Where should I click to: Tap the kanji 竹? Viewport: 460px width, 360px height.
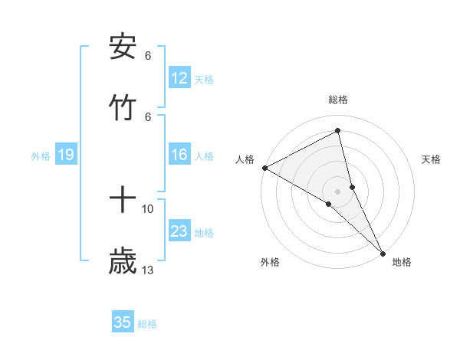pos(123,109)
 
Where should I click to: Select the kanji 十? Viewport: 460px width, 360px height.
pos(123,201)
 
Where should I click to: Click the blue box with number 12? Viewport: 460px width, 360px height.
pos(179,78)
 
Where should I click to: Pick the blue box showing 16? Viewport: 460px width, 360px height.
pos(179,155)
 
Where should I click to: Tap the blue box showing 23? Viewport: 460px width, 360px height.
pos(179,232)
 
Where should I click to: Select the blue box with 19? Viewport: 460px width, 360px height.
pos(66,155)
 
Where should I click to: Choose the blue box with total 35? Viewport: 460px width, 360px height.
pos(123,322)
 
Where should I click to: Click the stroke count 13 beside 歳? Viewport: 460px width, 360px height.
pos(148,270)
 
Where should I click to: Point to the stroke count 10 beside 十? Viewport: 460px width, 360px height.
pos(148,208)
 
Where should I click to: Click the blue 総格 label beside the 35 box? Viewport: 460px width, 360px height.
pos(147,324)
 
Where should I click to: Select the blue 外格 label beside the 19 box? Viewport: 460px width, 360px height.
pos(41,156)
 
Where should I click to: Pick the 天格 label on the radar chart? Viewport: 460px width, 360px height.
pos(431,159)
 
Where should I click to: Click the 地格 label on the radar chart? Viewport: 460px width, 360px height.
pos(402,263)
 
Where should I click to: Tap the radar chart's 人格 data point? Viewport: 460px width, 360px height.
pos(264,168)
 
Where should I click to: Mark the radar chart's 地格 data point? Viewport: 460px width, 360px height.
pos(383,252)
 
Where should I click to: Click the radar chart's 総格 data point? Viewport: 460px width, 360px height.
pos(338,131)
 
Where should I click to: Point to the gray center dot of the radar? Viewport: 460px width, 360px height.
pos(338,191)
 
